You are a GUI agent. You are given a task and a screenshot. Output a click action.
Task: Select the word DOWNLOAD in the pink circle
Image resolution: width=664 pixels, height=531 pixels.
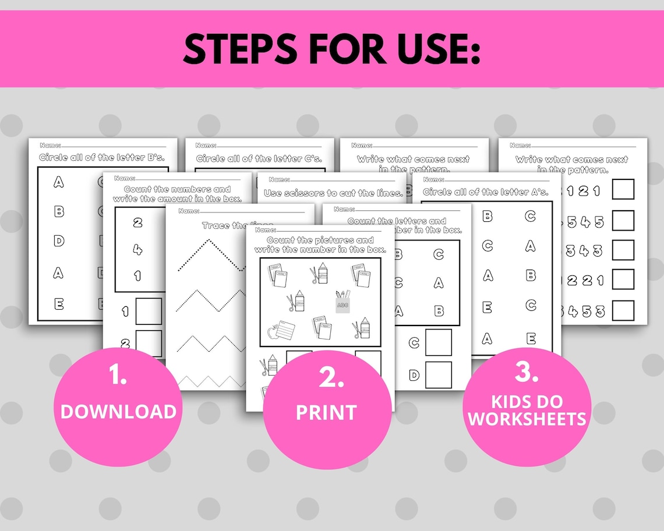click(x=118, y=411)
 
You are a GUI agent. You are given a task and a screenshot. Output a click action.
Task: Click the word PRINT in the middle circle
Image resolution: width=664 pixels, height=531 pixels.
click(x=326, y=412)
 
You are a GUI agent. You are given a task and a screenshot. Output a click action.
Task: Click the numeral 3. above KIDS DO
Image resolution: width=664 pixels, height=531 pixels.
click(x=527, y=373)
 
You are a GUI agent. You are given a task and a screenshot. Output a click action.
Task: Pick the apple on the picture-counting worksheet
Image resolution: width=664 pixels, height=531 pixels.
click(x=271, y=332)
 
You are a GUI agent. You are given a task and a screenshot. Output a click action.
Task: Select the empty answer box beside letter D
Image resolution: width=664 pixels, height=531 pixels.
click(x=438, y=374)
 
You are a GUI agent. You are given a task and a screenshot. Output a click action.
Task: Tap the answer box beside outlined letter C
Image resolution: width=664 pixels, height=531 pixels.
click(x=438, y=342)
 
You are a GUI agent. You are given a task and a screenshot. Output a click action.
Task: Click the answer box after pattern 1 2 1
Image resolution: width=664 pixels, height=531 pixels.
click(x=623, y=189)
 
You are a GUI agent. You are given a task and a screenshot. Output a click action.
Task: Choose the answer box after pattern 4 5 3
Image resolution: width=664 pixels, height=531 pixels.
click(x=623, y=310)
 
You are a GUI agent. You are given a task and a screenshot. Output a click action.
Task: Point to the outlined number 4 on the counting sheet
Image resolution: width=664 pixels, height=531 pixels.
click(x=137, y=249)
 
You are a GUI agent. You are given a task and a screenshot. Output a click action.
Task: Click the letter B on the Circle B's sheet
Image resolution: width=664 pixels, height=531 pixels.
click(x=59, y=211)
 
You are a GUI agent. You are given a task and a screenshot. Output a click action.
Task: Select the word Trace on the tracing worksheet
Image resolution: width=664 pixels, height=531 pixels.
click(x=215, y=225)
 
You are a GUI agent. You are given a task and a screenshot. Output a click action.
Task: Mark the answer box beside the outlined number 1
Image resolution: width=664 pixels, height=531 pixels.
click(x=149, y=311)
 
